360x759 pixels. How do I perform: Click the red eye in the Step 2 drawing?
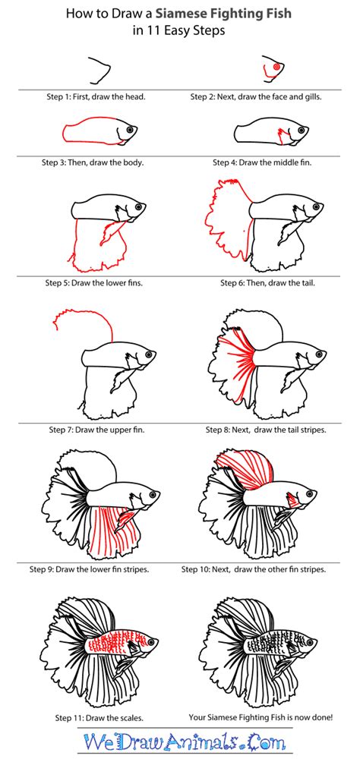click(x=276, y=68)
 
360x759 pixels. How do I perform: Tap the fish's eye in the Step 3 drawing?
click(x=129, y=129)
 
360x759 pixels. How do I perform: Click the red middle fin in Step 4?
click(x=283, y=136)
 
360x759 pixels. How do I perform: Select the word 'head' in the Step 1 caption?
click(x=134, y=97)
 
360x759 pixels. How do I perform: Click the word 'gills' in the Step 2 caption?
click(x=312, y=97)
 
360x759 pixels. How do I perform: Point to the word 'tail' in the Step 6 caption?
click(x=307, y=282)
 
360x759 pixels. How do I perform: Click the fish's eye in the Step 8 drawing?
click(x=318, y=354)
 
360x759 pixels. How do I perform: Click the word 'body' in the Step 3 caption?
click(x=134, y=162)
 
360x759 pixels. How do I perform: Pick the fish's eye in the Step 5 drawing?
click(x=138, y=206)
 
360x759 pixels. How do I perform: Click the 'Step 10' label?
click(x=194, y=570)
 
